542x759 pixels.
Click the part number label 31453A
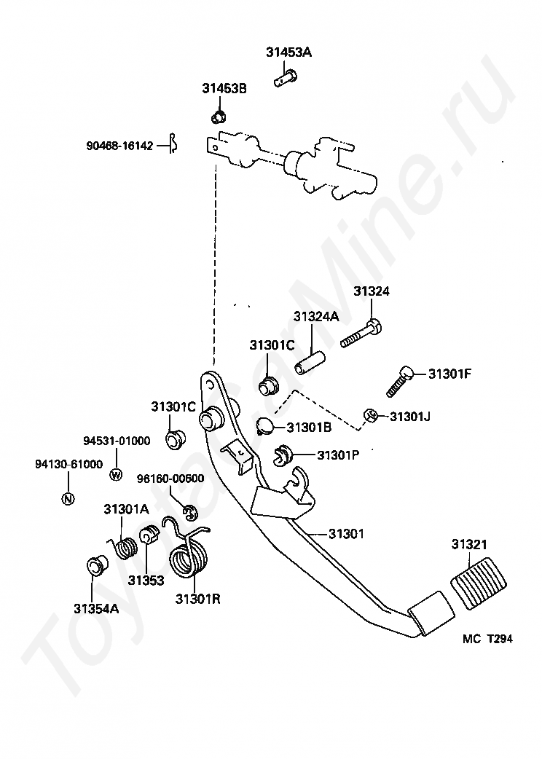coord(288,52)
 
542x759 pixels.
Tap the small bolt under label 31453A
coord(286,77)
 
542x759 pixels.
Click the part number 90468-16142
coord(120,146)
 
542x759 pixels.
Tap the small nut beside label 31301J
coord(370,415)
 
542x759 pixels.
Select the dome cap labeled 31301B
coord(264,425)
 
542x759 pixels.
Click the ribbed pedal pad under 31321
coord(479,583)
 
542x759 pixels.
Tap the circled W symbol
coord(116,475)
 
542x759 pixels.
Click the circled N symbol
coord(68,498)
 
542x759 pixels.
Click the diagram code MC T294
coord(487,639)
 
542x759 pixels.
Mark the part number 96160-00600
coord(170,479)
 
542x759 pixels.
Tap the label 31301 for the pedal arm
coord(346,534)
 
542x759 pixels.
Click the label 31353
coord(146,579)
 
